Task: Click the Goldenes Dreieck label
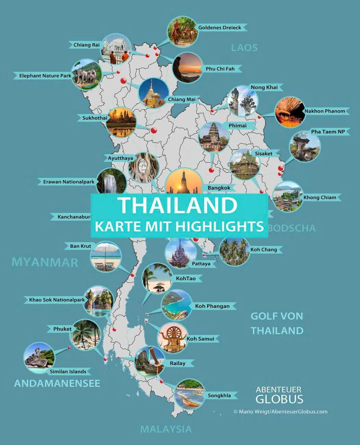pos(220,28)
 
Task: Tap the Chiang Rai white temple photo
pos(116,49)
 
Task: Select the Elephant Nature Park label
pos(45,76)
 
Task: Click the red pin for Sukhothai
pos(154,130)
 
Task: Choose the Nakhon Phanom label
pos(324,111)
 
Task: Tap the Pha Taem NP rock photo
pos(305,147)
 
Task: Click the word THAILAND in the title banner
pos(178,205)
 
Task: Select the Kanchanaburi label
pos(73,217)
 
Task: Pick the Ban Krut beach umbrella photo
pos(106,257)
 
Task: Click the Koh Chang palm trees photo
pos(234,252)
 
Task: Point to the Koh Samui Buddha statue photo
pos(172,338)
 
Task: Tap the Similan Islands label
pos(68,371)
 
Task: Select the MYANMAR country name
pos(45,263)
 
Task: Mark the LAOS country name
pos(244,48)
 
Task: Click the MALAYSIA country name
pos(166,429)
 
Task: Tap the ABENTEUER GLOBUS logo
pos(279,395)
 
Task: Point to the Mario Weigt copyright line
pos(280,412)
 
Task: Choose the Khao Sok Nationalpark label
pos(57,300)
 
